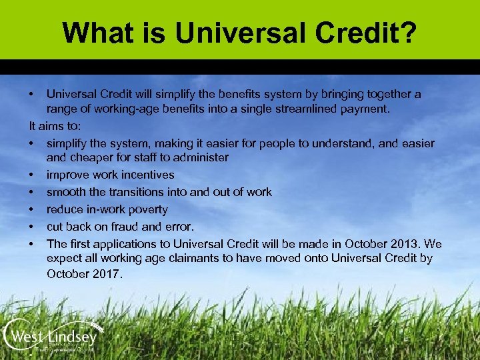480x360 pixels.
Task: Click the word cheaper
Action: [91, 158]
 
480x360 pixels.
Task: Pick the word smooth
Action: [65, 192]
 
